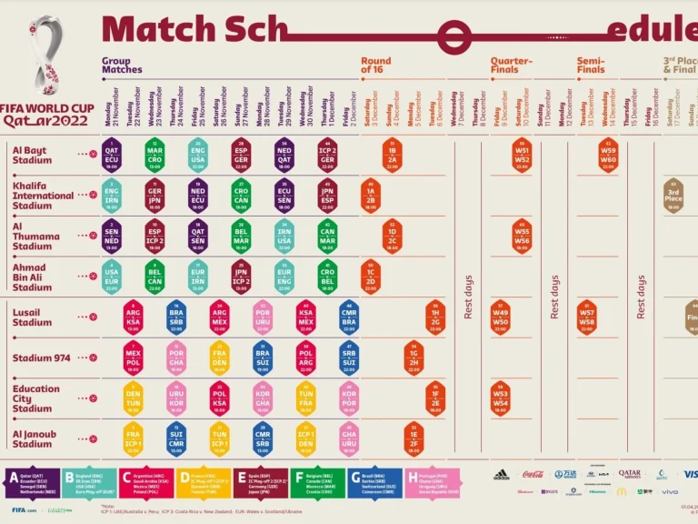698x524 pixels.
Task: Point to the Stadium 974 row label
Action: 42,358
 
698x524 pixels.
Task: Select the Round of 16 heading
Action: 376,65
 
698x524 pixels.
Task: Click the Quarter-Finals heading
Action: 511,65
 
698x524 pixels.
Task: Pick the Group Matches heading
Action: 122,65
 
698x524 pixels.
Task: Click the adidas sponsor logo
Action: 501,474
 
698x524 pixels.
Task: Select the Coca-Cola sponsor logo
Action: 533,474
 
